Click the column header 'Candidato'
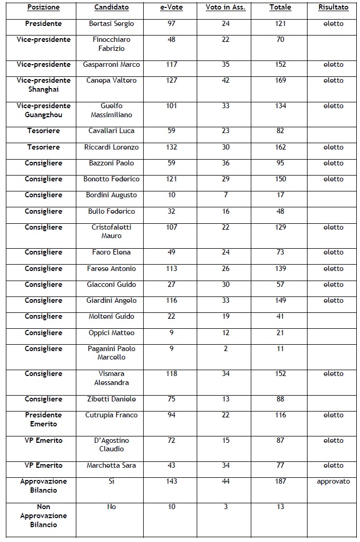[x=111, y=7]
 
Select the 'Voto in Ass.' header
[x=225, y=7]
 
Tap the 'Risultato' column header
[x=333, y=7]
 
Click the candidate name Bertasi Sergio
[x=111, y=24]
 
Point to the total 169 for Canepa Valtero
[x=280, y=81]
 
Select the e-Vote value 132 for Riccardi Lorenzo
[x=171, y=147]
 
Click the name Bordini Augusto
[x=111, y=195]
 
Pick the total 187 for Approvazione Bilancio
[x=280, y=482]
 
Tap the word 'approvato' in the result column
[x=333, y=482]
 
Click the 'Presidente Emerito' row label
[x=43, y=419]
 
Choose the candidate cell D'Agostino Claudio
[x=111, y=444]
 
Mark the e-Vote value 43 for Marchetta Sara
[x=171, y=465]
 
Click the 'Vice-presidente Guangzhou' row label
[x=43, y=110]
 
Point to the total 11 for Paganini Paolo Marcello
[x=280, y=348]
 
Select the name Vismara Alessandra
[x=111, y=378]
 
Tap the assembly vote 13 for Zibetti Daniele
[x=225, y=399]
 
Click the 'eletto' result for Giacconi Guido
[x=333, y=284]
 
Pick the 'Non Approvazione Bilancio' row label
[x=43, y=515]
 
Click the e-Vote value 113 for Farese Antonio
[x=171, y=268]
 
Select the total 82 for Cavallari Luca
[x=280, y=130]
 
